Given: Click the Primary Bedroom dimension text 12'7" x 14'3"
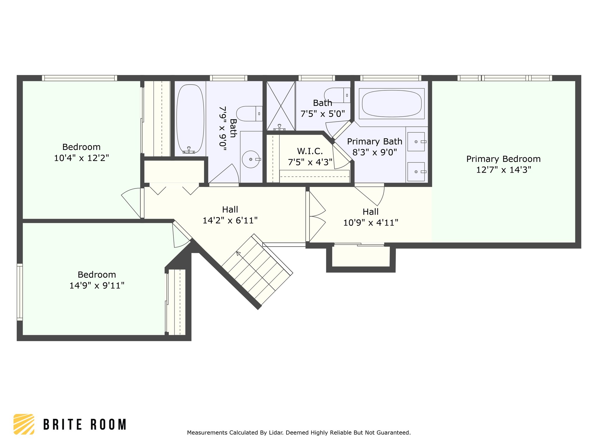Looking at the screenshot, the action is coord(503,170).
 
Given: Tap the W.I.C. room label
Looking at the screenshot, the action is coord(310,151).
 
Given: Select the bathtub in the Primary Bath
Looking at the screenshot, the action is coord(392,104).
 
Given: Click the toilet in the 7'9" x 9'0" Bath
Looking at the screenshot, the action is coord(249,113).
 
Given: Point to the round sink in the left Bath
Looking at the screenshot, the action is coord(251,159).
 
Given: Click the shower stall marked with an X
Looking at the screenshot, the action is coord(281,106).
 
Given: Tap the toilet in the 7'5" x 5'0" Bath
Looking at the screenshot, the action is coord(337,95).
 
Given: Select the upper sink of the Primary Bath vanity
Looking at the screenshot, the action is coord(416,142).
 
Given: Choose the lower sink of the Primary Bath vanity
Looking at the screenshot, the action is coord(416,172).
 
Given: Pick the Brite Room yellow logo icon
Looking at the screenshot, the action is coord(24,424).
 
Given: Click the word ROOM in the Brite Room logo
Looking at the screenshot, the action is coord(108,424).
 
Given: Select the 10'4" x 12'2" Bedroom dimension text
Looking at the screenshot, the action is coord(81,158).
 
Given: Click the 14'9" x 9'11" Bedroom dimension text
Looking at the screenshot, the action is coord(97,285).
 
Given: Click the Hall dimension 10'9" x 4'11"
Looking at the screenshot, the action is coord(371,223).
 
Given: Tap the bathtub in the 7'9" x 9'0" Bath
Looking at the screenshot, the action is coord(190,119).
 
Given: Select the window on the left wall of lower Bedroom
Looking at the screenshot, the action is coord(20,292).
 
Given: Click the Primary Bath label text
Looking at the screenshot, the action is coord(375,141).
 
